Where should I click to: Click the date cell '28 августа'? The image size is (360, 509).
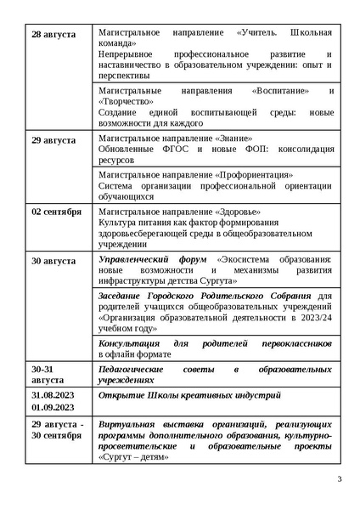(53, 35)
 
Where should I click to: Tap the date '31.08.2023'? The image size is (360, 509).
(53, 396)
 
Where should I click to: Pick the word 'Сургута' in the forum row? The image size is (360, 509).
(250, 277)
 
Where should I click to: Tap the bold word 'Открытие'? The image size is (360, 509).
(124, 396)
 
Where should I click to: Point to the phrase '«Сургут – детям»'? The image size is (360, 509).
(134, 456)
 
